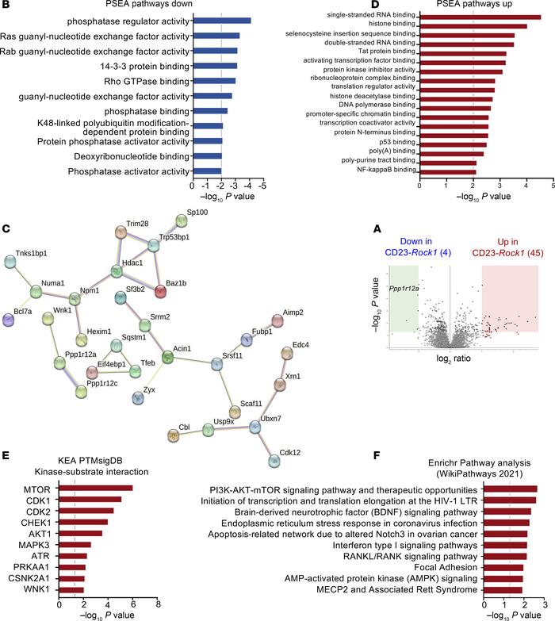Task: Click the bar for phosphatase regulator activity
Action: [x=221, y=21]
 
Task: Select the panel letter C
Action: [x=6, y=208]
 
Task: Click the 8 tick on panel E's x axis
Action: [x=158, y=604]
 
